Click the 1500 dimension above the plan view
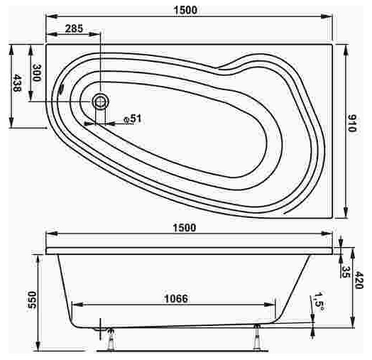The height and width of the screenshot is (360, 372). [185, 10]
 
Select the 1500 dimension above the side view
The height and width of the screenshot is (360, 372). [185, 228]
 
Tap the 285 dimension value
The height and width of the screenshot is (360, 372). [75, 28]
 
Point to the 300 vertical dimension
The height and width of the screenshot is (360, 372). [36, 73]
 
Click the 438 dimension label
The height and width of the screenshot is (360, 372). [17, 83]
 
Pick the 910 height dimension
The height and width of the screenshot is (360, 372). [352, 123]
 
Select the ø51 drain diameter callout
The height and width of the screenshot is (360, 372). [133, 119]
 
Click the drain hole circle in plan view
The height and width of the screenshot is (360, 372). [101, 102]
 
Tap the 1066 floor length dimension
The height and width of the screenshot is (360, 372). [176, 298]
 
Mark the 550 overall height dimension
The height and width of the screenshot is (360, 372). [32, 300]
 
